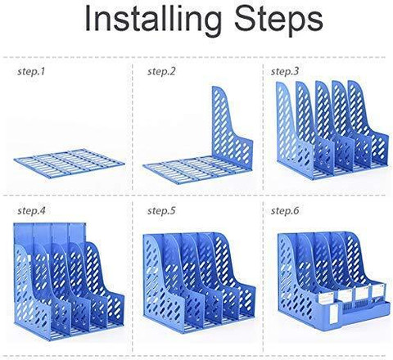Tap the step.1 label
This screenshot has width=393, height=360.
31,72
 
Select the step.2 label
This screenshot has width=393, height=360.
161,72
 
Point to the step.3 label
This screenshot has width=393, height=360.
285,72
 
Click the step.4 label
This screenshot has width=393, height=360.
31,211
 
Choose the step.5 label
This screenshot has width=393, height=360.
161,211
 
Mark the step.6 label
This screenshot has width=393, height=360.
285,211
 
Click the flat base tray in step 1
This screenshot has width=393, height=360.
69,164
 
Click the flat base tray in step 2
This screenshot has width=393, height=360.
191,170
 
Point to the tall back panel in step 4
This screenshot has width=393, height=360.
51,235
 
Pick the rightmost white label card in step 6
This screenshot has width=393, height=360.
378,290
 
